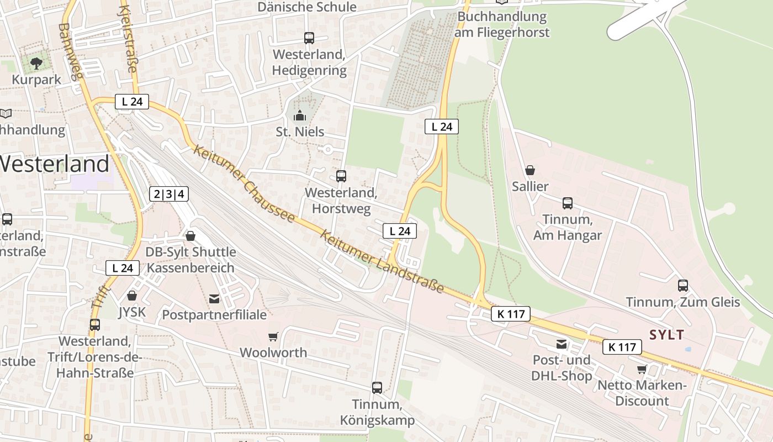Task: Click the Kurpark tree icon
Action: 36,63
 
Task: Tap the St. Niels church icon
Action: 300,115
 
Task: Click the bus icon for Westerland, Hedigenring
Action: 309,38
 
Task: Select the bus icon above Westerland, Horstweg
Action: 341,176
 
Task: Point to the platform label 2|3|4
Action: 169,194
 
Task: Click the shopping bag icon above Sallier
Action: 530,170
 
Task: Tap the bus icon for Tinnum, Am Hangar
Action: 568,203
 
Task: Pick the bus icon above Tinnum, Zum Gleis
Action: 683,286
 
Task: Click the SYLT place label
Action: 667,335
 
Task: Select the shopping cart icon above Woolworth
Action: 273,336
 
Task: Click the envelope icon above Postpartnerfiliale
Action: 214,299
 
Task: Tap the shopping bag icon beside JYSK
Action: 132,296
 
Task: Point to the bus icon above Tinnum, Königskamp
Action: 377,388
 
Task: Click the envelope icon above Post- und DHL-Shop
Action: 562,344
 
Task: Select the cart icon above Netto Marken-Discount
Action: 642,369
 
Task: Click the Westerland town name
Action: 54,164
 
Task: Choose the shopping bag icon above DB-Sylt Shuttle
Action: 190,236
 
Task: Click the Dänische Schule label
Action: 307,7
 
